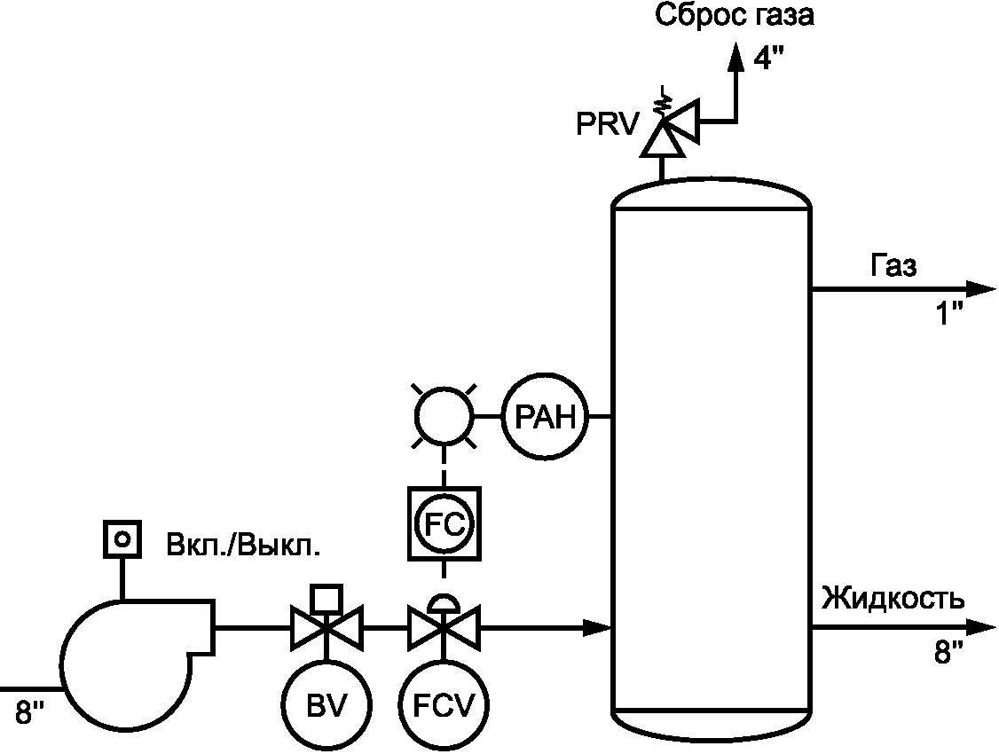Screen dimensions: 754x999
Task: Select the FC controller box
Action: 443,523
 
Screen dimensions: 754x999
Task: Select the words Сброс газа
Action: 735,15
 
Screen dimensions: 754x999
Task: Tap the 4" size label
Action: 768,59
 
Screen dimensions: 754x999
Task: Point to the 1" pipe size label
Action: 948,313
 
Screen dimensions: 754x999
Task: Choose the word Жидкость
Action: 892,599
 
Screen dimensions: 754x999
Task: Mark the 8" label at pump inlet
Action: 29,711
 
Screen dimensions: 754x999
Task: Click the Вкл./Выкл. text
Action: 243,544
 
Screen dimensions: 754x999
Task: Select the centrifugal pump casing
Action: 124,661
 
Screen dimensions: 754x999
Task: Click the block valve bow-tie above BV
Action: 326,628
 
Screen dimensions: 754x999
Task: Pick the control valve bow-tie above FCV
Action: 444,628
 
